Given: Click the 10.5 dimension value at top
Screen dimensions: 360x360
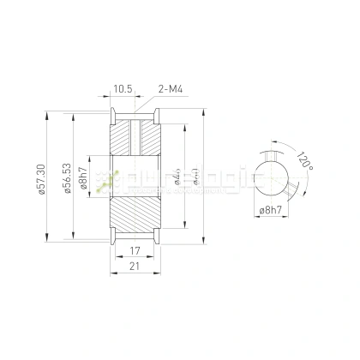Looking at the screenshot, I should click(123, 87).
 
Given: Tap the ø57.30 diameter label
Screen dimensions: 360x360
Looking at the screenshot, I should click(40, 180).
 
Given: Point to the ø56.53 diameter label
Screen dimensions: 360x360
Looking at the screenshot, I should click(67, 180).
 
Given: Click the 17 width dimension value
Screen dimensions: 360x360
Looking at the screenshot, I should click(134, 252).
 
